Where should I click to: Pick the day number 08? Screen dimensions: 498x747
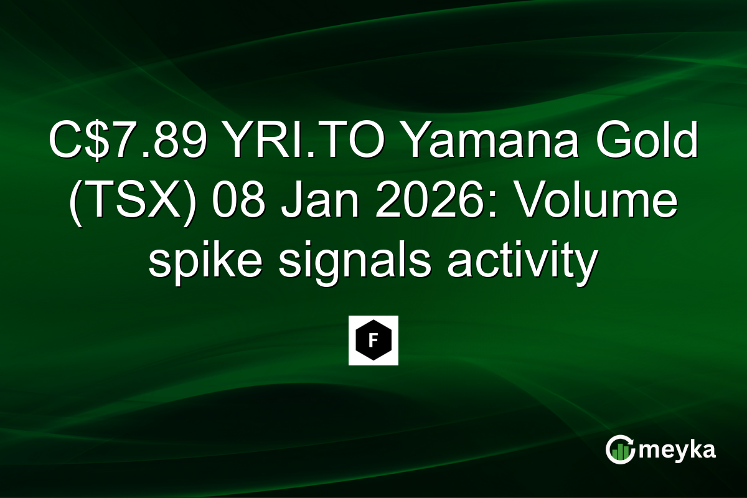coord(233,204)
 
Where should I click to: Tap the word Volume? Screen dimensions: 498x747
coord(597,204)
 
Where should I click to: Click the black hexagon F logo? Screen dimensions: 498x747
coord(373,341)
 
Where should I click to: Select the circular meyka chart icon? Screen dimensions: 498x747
coord(621,450)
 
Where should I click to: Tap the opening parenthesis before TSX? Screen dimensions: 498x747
coord(76,205)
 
